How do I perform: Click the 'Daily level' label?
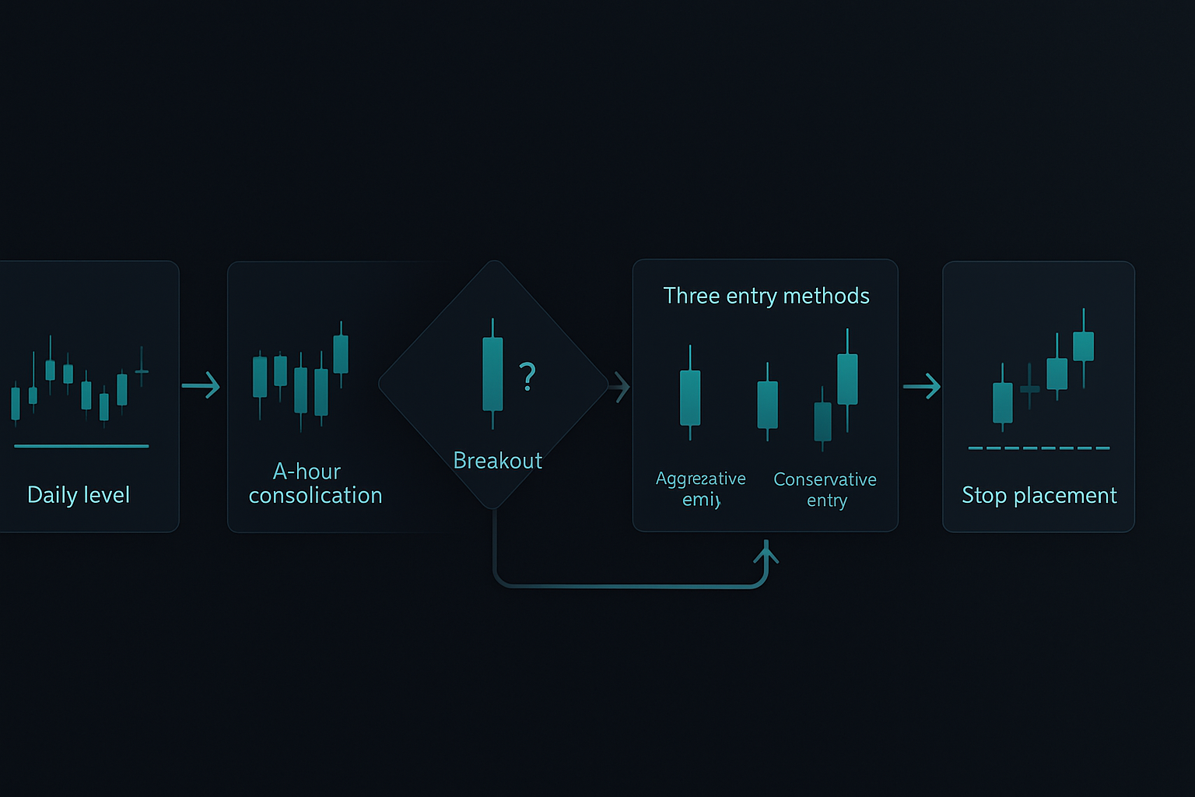[x=79, y=495]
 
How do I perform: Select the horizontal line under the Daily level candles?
[x=81, y=446]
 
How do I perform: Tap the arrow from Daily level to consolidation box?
[x=202, y=385]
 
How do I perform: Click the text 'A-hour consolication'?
[x=315, y=483]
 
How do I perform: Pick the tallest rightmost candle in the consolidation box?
[x=341, y=353]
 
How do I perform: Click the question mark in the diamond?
[x=527, y=377]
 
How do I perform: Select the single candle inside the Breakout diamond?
[x=492, y=374]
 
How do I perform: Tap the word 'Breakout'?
[x=497, y=461]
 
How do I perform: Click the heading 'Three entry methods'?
[x=766, y=297]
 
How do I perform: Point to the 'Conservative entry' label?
[x=825, y=490]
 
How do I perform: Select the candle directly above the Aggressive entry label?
[x=690, y=397]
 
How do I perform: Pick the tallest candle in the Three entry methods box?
[x=847, y=379]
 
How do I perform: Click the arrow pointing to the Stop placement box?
[x=922, y=386]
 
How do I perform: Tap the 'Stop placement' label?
[x=1039, y=496]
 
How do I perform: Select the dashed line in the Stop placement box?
[x=1039, y=448]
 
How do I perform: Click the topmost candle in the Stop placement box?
[x=1084, y=346]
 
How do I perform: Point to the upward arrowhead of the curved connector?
[x=766, y=553]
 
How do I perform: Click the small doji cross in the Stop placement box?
[x=1030, y=388]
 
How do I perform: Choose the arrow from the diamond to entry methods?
[x=620, y=387]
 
